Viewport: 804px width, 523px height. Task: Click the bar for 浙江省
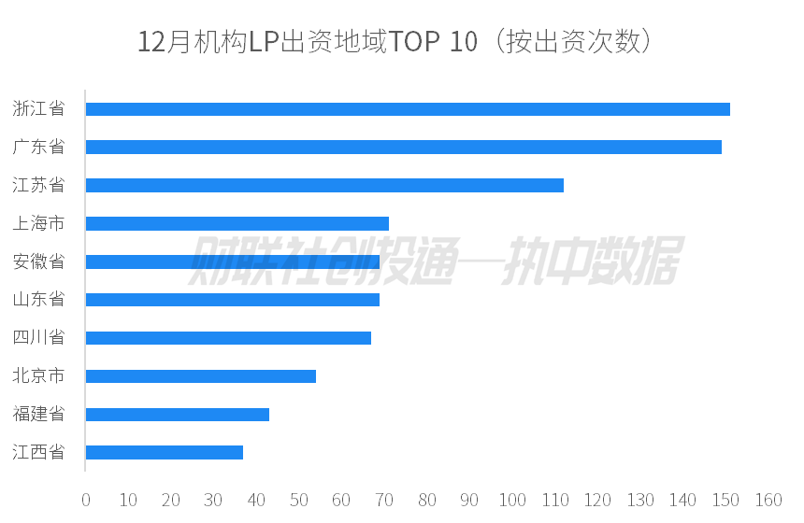click(x=408, y=109)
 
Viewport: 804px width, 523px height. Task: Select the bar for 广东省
click(x=403, y=147)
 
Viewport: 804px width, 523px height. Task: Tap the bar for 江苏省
click(x=324, y=185)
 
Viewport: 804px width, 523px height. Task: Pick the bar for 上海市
click(x=237, y=223)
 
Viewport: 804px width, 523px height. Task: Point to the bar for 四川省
click(x=228, y=337)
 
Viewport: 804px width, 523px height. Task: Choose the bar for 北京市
click(x=201, y=376)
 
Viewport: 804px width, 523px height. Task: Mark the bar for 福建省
click(x=178, y=415)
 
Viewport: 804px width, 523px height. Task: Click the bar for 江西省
click(x=165, y=452)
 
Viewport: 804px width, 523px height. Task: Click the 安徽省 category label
click(x=38, y=261)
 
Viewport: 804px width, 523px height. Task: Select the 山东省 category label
click(x=38, y=300)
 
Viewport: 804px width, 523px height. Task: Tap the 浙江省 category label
click(x=38, y=109)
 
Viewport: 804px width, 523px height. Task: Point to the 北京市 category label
click(x=38, y=376)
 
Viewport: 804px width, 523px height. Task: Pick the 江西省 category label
click(x=38, y=452)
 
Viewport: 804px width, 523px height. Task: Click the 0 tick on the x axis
click(x=86, y=500)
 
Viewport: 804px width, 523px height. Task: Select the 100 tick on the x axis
click(x=512, y=500)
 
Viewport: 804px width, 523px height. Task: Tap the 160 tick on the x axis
click(x=768, y=500)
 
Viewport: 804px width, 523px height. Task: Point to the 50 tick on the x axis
click(x=299, y=500)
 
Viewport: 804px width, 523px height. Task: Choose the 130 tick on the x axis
click(x=640, y=500)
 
